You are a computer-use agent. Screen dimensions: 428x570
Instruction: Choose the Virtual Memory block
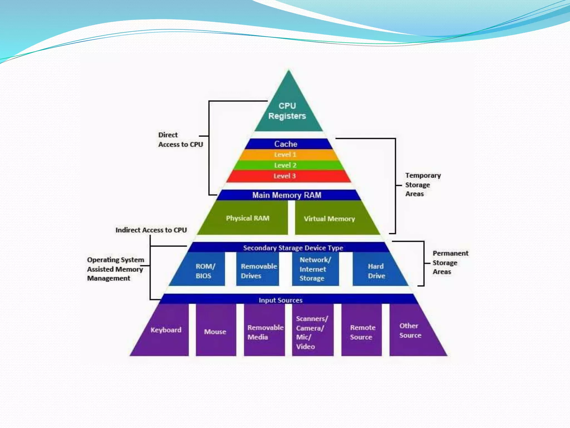pyautogui.click(x=330, y=219)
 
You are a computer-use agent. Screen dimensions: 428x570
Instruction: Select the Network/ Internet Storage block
pyautogui.click(x=315, y=269)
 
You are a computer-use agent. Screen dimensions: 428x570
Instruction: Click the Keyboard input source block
pyautogui.click(x=166, y=330)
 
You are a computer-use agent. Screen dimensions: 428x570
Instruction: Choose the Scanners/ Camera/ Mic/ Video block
pyautogui.click(x=312, y=332)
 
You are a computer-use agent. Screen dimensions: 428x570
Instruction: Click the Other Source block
pyautogui.click(x=411, y=330)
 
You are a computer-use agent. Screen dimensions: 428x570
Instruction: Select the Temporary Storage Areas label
pyautogui.click(x=422, y=184)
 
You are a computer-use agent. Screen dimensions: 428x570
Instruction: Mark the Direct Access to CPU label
pyautogui.click(x=180, y=140)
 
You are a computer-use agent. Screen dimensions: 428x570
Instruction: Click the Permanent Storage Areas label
pyautogui.click(x=450, y=262)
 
